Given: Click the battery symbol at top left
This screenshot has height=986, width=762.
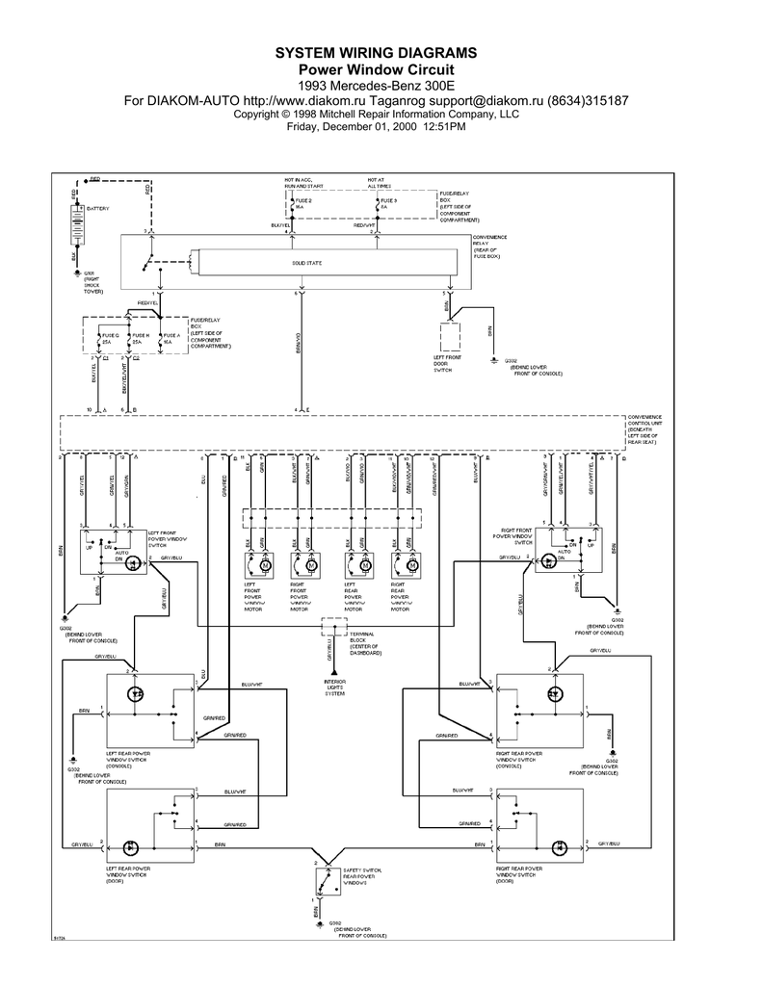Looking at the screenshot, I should [75, 228].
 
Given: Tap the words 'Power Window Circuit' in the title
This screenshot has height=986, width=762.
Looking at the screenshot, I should [376, 69].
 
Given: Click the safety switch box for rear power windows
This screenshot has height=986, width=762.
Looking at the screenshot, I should [324, 880].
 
